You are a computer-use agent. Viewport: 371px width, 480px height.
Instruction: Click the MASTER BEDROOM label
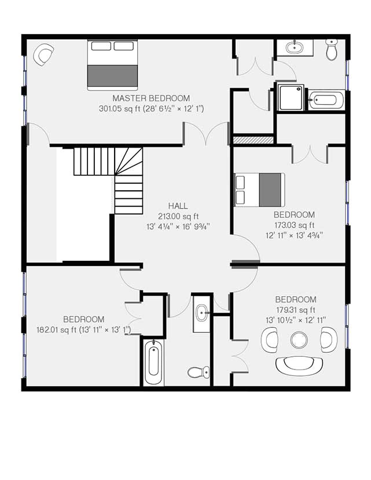(151, 98)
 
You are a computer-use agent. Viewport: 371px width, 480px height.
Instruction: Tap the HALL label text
(178, 206)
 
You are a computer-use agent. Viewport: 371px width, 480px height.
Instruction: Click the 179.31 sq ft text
(295, 309)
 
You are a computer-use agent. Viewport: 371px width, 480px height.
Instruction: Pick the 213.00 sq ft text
(178, 216)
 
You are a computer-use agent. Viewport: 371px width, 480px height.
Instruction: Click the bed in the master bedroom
(113, 64)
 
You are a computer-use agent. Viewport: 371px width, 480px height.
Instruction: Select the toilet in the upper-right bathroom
(332, 51)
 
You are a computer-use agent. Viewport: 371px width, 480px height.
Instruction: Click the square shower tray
(291, 96)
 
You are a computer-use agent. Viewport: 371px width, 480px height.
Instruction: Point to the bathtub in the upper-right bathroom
(326, 100)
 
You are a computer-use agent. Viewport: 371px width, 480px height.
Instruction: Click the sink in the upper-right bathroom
(295, 47)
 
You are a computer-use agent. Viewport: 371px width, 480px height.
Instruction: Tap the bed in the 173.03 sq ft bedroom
(259, 189)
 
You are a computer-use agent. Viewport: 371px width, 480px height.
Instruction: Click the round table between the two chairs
(299, 339)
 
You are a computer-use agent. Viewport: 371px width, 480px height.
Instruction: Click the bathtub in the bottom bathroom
(154, 363)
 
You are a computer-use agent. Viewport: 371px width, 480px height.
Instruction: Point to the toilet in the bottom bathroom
(198, 371)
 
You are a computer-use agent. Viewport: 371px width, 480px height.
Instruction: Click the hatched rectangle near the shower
(252, 140)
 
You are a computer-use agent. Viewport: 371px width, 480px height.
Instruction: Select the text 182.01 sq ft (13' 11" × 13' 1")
(83, 330)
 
